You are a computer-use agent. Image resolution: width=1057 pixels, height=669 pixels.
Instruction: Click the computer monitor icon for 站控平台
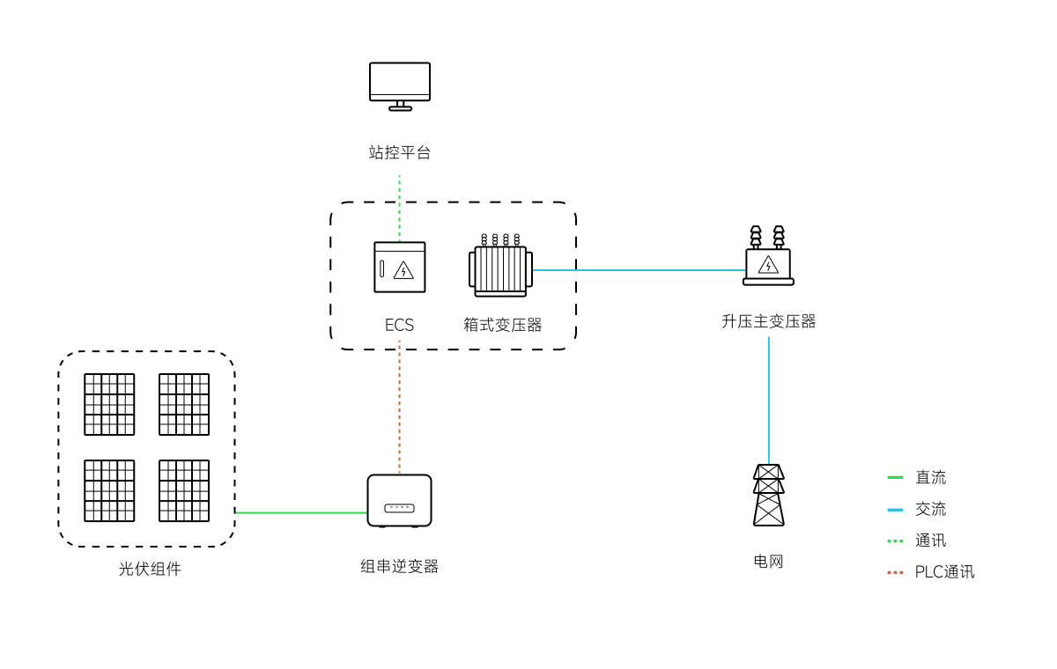coord(400,85)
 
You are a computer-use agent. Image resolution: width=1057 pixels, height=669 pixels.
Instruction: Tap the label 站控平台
coord(400,152)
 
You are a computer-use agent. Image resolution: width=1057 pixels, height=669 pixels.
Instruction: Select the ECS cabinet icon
coord(400,267)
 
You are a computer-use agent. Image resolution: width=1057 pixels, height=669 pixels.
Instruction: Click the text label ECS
coord(399,325)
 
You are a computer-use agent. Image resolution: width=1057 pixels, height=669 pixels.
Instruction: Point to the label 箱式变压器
coord(503,325)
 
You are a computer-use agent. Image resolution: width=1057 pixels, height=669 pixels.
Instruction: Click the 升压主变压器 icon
coord(768,258)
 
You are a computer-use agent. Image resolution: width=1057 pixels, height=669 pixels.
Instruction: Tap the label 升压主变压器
coord(769,321)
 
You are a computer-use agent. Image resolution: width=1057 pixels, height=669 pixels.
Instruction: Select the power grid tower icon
coord(768,495)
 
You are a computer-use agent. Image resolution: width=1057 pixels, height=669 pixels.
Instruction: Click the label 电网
coord(768,562)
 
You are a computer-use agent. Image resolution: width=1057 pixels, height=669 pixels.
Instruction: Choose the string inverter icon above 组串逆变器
coord(399,501)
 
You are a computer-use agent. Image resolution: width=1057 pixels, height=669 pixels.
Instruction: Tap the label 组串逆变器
coord(399,566)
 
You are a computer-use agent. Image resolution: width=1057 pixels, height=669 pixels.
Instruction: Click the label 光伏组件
coord(150,569)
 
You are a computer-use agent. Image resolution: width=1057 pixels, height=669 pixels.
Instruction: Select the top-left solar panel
coord(109,404)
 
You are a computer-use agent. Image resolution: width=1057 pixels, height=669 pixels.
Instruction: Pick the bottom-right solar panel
coord(184,490)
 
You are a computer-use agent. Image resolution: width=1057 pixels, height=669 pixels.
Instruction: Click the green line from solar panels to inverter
coord(299,512)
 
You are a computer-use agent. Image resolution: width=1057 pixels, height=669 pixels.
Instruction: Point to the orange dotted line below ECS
coord(399,405)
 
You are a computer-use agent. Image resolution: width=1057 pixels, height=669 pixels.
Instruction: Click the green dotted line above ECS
coord(399,207)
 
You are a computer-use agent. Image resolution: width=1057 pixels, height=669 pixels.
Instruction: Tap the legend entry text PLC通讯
coord(944,572)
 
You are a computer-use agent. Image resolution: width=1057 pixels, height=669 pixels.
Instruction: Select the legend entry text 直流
coord(930,478)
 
